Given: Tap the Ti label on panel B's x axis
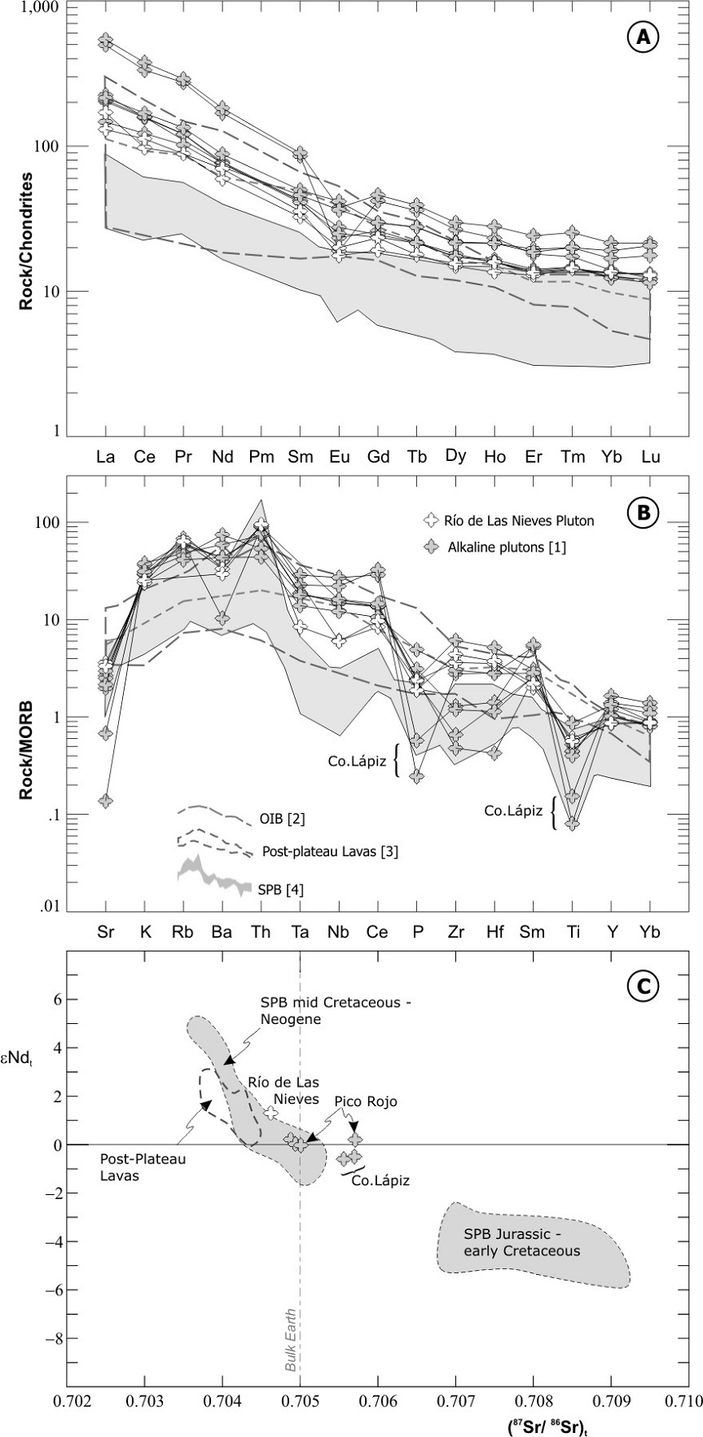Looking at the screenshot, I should click(x=573, y=930).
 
